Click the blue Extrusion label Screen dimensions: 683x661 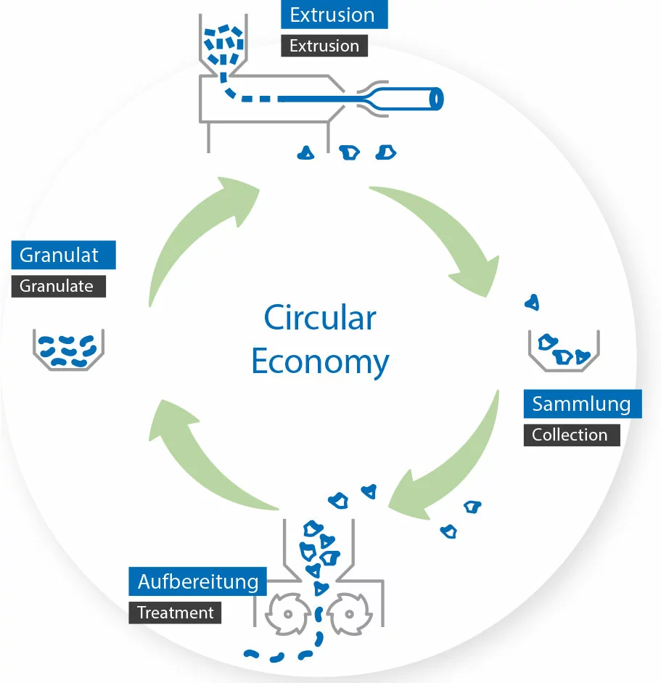point(332,15)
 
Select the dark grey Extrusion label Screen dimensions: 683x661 point(324,46)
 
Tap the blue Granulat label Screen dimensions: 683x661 point(63,255)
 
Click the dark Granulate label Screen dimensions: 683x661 point(58,286)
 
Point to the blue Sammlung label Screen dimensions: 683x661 point(581,404)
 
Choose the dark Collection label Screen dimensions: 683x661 point(570,435)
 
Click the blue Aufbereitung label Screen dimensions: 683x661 point(198,581)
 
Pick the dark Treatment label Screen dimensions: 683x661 point(176,613)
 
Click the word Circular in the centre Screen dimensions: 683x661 point(320,318)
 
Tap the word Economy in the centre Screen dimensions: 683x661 point(320,361)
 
